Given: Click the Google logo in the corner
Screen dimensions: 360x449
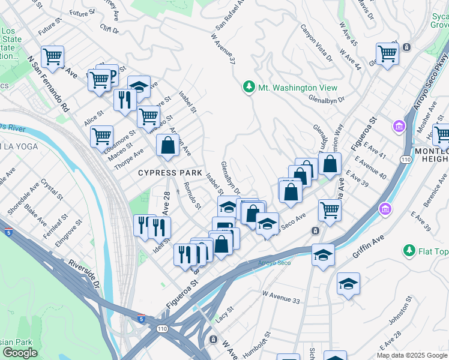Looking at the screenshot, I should coord(20,352).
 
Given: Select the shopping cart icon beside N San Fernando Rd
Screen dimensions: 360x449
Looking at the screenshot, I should coord(53,57).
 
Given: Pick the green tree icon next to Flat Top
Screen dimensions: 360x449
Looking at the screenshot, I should coord(409,250).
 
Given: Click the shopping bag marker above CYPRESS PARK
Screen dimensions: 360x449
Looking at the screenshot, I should coord(167,145).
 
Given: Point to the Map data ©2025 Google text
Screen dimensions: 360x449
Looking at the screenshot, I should coord(412,355).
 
